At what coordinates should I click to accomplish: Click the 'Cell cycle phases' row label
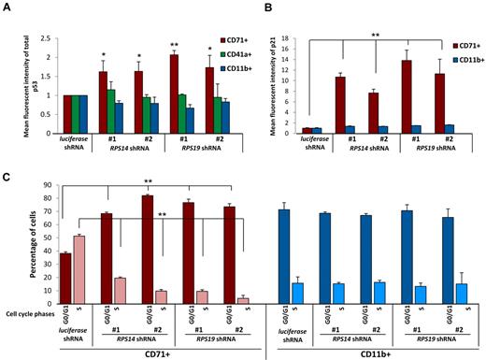(x=27, y=313)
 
